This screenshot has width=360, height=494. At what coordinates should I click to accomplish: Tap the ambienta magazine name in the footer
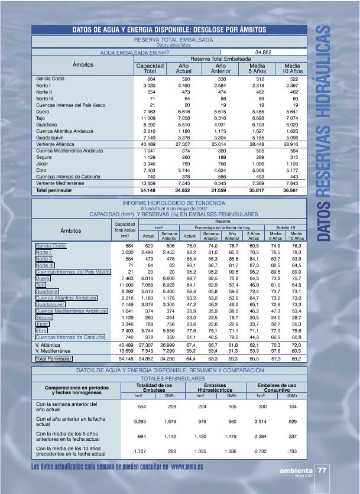pyautogui.click(x=297, y=471)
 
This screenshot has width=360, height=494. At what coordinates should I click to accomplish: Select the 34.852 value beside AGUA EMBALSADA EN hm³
pyautogui.click(x=263, y=52)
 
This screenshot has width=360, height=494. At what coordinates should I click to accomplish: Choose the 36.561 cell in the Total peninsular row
pyautogui.click(x=292, y=191)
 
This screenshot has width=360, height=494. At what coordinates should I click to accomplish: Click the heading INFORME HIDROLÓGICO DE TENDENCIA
pyautogui.click(x=173, y=203)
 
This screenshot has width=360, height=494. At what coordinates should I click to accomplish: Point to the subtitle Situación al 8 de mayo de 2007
pyautogui.click(x=173, y=209)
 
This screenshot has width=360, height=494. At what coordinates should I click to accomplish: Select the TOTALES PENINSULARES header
pyautogui.click(x=173, y=378)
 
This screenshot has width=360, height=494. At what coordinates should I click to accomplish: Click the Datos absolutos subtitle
pyautogui.click(x=173, y=44)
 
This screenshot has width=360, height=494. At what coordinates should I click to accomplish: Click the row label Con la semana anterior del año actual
pyautogui.click(x=58, y=407)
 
